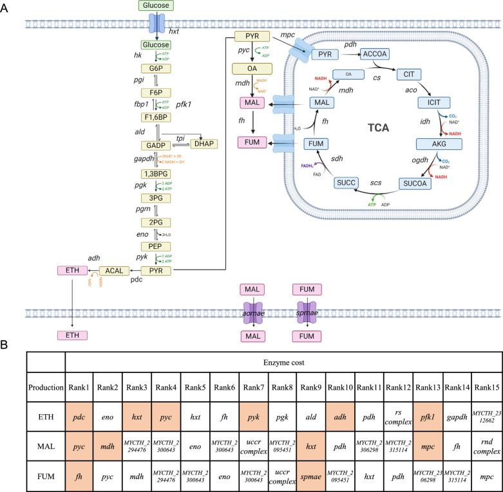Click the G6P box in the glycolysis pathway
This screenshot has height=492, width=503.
[x=155, y=68]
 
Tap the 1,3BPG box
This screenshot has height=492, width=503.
[x=155, y=174]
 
